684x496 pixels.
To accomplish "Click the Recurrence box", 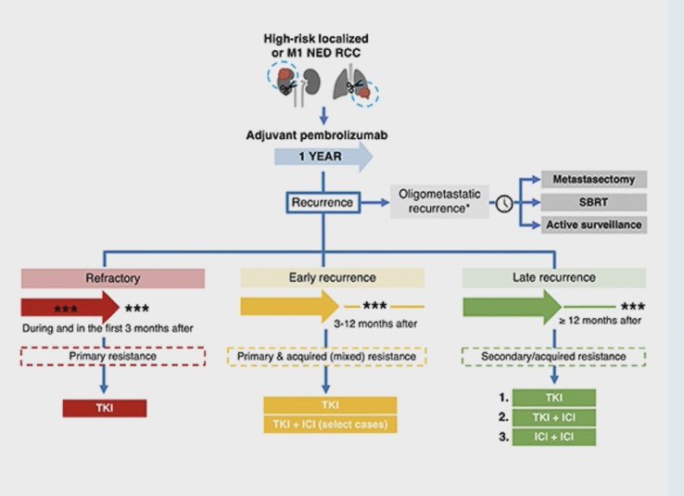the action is point(323,202).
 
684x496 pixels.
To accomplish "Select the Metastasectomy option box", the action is point(594,179).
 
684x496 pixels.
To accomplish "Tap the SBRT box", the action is point(594,202).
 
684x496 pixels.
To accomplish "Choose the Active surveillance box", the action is point(594,224).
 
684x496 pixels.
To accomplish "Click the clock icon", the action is point(504,203).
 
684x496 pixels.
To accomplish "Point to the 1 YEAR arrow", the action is point(323,156).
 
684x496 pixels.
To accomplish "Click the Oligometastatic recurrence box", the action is point(439,201).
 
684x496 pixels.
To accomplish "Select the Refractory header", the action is point(113,278).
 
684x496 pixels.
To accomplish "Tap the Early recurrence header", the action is point(332,277).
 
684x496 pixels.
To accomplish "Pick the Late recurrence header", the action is point(554,277).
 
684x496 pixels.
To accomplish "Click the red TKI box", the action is point(105,408).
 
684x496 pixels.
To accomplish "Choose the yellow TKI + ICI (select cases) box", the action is point(330,425).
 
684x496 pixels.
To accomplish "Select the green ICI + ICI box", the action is point(554,437).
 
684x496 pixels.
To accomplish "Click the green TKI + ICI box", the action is point(554,417).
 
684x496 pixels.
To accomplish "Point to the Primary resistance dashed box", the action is point(113,356).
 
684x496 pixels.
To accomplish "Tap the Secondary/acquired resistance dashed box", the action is point(553,356).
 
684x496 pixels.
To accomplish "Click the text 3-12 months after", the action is point(375,324).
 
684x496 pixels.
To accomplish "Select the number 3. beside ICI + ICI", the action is point(504,437).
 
